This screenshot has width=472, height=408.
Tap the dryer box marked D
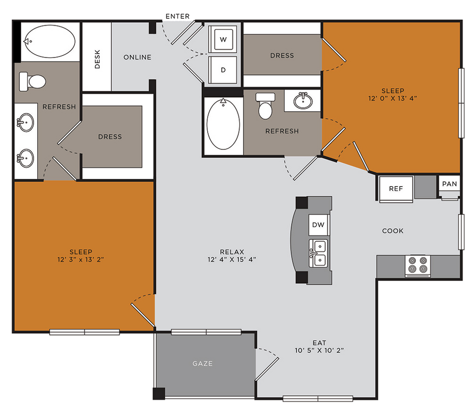[223, 70]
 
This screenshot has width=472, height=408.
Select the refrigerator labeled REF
[395, 188]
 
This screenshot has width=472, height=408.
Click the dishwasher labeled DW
[318, 225]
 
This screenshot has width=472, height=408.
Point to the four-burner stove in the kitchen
[418, 265]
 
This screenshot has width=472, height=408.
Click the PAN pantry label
[449, 184]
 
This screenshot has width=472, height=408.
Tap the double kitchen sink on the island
[319, 253]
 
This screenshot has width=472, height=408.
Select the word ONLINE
[137, 57]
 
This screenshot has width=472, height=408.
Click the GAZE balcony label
[202, 364]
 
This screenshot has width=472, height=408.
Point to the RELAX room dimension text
[231, 259]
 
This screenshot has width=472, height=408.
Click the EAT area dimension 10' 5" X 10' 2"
[319, 350]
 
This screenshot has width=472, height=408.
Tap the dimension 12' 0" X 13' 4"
[392, 98]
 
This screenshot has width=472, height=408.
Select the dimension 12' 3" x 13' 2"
[80, 260]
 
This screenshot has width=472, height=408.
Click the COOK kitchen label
[393, 231]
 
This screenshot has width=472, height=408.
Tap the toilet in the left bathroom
[31, 81]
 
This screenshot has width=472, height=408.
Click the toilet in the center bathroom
[265, 106]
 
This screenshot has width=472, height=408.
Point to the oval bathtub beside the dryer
[223, 124]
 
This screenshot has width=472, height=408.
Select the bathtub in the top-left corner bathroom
[50, 42]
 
